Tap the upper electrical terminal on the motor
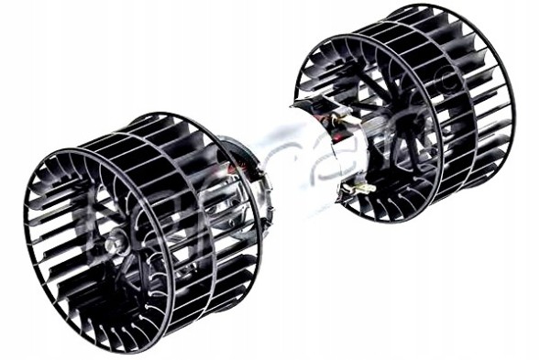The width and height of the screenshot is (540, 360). (x=341, y=120)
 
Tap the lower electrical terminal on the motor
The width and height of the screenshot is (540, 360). (x=359, y=187)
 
